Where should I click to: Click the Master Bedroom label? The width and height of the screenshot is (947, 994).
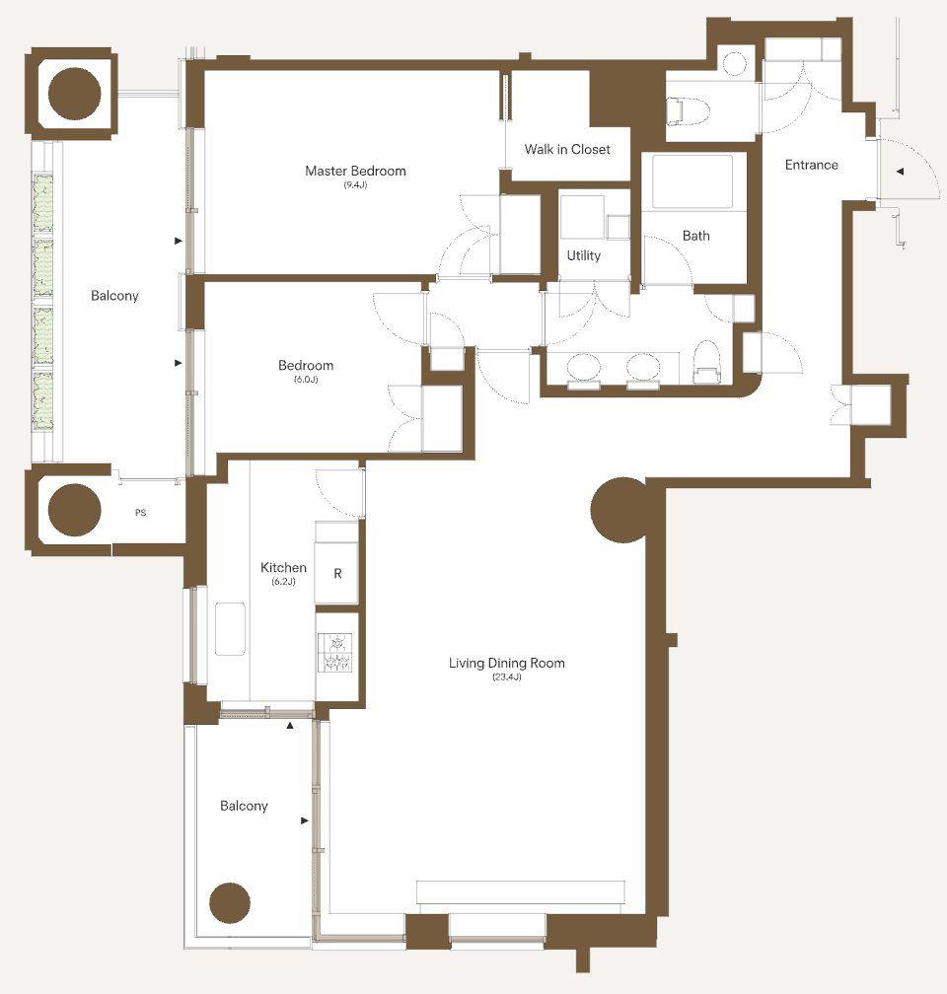click(355, 171)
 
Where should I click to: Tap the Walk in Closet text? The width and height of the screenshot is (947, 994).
click(567, 149)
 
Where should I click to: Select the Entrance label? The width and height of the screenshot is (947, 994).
click(811, 165)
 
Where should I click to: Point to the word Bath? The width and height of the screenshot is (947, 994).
click(695, 236)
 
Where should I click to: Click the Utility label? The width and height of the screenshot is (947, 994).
click(584, 255)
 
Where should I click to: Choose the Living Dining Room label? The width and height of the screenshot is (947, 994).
click(507, 663)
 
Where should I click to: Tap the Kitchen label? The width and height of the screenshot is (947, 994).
click(283, 567)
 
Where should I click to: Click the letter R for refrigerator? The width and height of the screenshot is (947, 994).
click(337, 574)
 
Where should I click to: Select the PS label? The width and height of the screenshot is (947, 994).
click(141, 512)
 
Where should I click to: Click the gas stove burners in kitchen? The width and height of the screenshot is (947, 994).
click(337, 652)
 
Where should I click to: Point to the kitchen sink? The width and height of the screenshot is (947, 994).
click(230, 628)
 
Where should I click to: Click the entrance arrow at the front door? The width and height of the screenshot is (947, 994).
click(900, 172)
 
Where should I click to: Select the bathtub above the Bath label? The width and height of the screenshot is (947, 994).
click(692, 180)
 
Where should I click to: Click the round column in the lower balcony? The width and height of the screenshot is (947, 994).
click(230, 902)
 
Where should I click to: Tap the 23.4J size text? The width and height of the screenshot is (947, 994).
click(507, 677)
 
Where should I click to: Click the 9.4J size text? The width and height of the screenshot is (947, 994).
click(355, 185)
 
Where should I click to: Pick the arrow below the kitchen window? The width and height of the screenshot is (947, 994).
click(290, 725)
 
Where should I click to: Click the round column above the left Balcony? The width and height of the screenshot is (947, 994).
click(75, 93)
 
